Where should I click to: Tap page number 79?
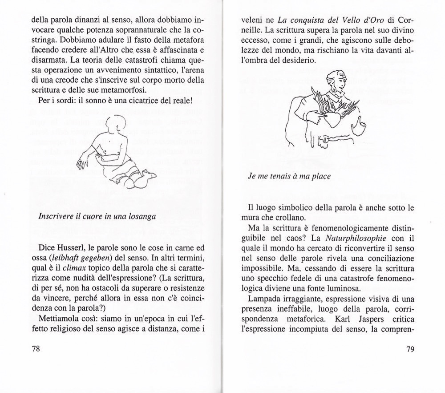pos(410,348)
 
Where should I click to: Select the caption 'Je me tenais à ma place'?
pos(289,176)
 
